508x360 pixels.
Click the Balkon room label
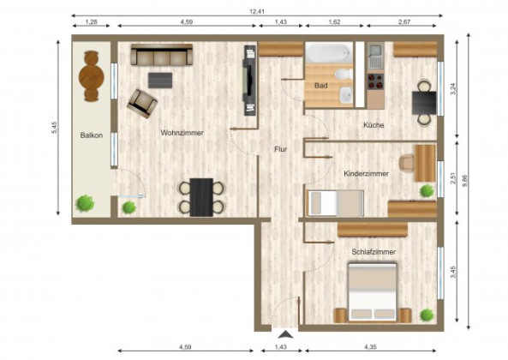tap(92, 135)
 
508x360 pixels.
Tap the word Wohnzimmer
tap(182, 133)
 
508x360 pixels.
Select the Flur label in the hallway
tap(280, 149)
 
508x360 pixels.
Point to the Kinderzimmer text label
tap(366, 173)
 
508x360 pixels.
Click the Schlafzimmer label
tap(374, 252)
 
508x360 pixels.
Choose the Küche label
tap(374, 125)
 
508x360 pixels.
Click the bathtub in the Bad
tap(326, 54)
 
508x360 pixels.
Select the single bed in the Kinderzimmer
tap(332, 203)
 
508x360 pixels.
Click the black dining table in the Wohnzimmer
tap(202, 196)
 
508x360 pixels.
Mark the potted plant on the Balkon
tap(85, 204)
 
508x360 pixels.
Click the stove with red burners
tap(375, 84)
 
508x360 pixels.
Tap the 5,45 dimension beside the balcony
tap(54, 127)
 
